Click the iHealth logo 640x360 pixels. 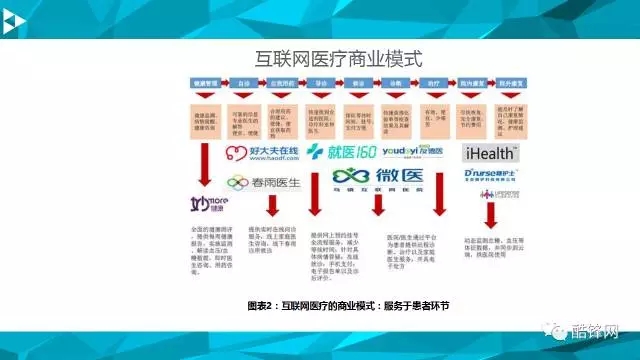pyautogui.click(x=491, y=154)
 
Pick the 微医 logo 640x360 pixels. pyautogui.click(x=370, y=179)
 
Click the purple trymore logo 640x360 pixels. pyautogui.click(x=205, y=204)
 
